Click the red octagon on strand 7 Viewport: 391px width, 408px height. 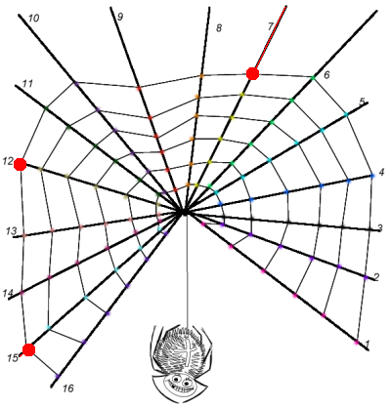pyautogui.click(x=252, y=73)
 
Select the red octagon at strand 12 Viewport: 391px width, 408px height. pyautogui.click(x=21, y=164)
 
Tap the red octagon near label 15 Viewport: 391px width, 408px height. pyautogui.click(x=29, y=349)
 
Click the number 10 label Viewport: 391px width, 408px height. pyautogui.click(x=33, y=19)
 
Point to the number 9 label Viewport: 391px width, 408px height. pyautogui.click(x=120, y=17)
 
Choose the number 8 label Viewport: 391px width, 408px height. pyautogui.click(x=219, y=28)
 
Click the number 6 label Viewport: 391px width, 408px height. pyautogui.click(x=326, y=75)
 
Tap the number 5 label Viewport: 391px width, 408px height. pyautogui.click(x=362, y=102)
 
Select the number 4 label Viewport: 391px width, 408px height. pyautogui.click(x=381, y=172)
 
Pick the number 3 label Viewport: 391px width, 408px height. pyautogui.click(x=379, y=228)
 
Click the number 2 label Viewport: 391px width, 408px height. pyautogui.click(x=376, y=277)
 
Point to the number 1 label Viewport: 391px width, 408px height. pyautogui.click(x=368, y=344)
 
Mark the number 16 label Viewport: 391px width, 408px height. pyautogui.click(x=68, y=388)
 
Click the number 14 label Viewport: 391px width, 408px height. pyautogui.click(x=7, y=294)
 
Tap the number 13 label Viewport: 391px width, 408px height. pyautogui.click(x=11, y=231)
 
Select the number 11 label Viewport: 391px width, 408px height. pyautogui.click(x=27, y=84)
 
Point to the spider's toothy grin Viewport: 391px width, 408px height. pyautogui.click(x=179, y=388)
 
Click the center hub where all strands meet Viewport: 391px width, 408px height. pyautogui.click(x=184, y=212)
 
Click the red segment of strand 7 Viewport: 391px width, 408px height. pyautogui.click(x=271, y=38)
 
